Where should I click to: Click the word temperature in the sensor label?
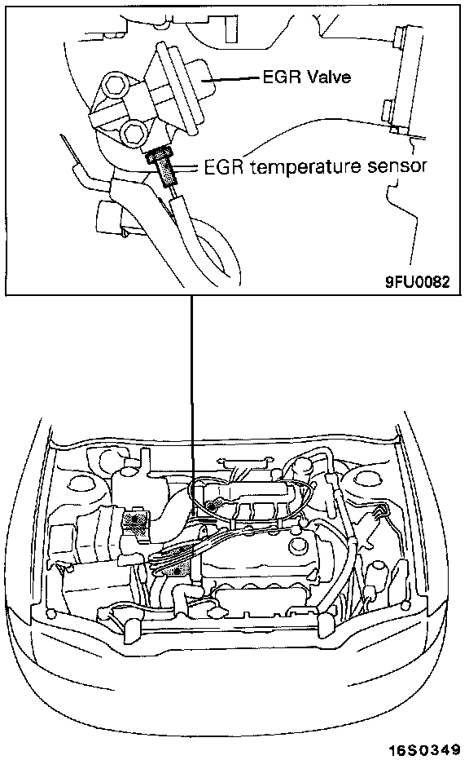(x=304, y=167)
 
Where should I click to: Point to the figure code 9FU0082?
(x=418, y=281)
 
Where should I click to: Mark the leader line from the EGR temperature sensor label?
(x=188, y=168)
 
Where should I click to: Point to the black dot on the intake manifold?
(x=213, y=506)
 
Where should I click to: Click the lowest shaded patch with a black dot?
(x=178, y=571)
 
